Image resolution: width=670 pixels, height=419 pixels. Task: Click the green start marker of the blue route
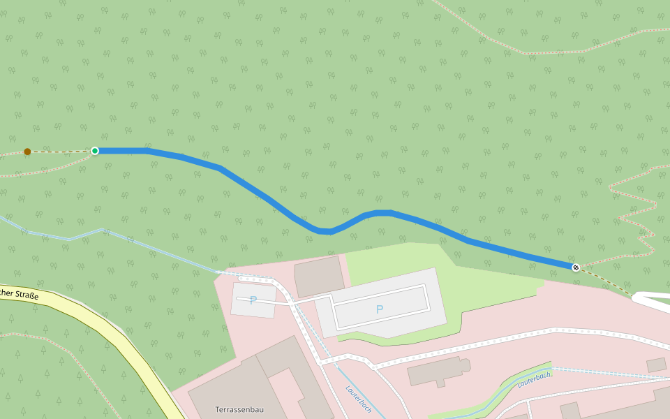[95, 151]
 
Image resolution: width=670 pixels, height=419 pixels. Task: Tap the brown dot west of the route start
[27, 152]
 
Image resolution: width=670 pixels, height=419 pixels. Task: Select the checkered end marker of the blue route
[576, 267]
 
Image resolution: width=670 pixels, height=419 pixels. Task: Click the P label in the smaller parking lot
[253, 300]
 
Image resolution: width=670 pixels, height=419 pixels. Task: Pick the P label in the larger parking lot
[380, 309]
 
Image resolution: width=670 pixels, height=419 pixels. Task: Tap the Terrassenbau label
[239, 409]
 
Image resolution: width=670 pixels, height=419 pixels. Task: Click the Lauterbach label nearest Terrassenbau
[359, 398]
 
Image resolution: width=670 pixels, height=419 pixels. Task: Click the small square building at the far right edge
[656, 365]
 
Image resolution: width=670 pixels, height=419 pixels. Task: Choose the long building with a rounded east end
[436, 370]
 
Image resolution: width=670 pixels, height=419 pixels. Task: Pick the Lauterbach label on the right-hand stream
[535, 379]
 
